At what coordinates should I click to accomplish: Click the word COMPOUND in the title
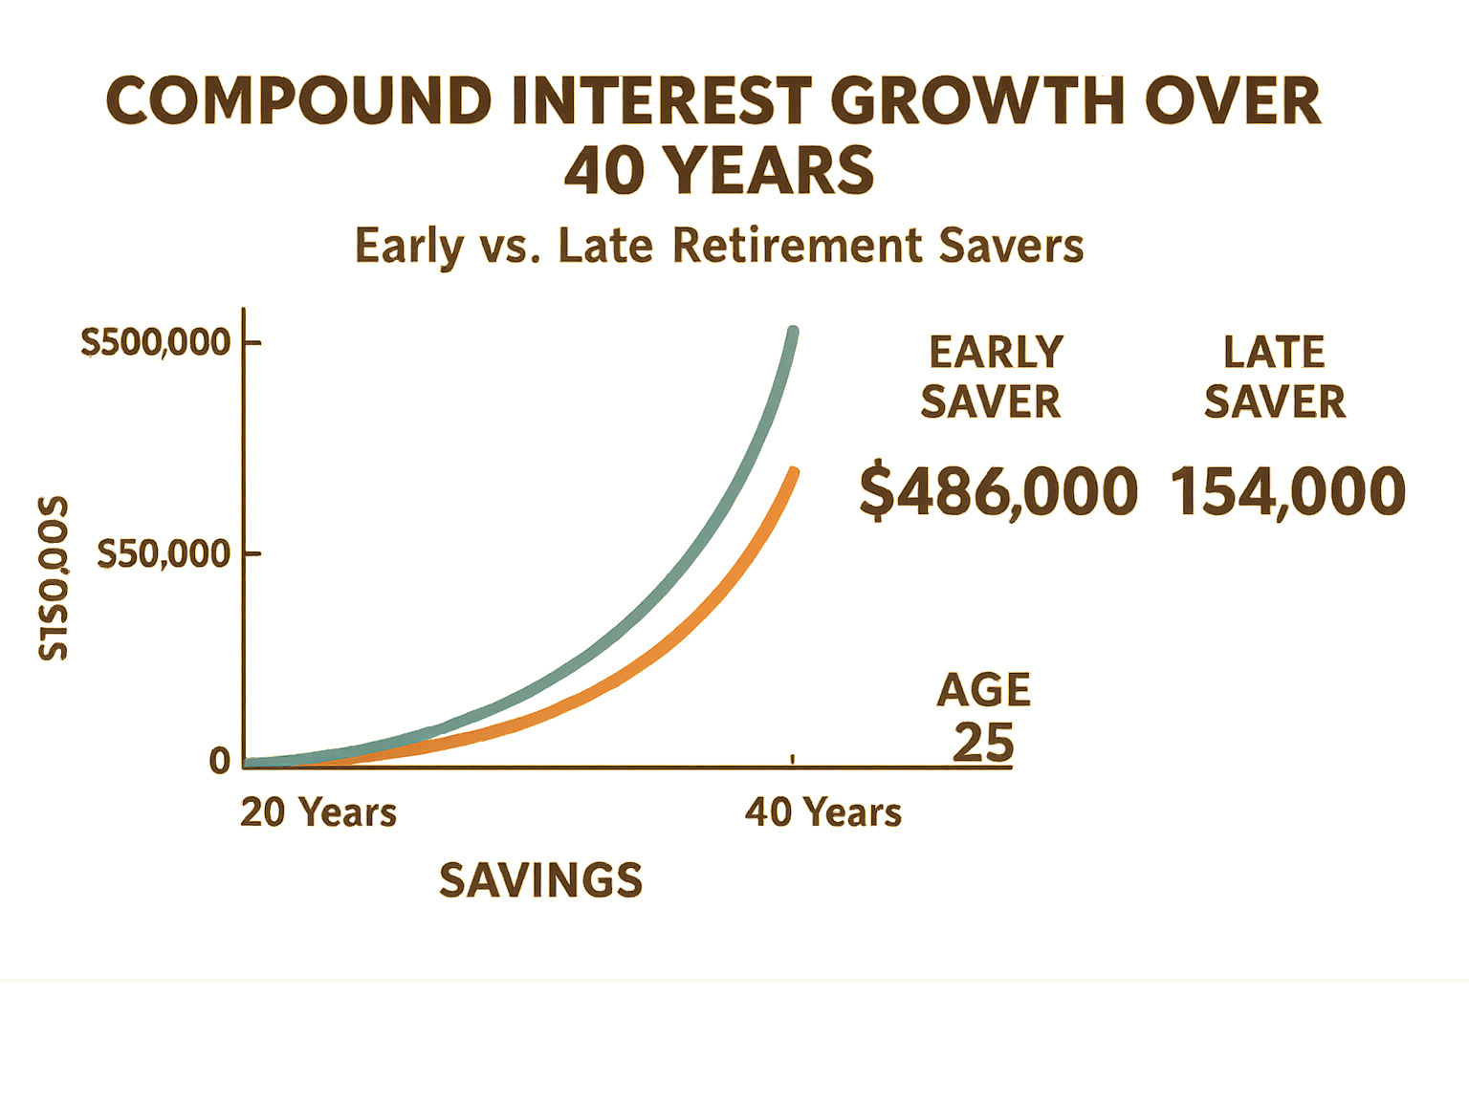298,101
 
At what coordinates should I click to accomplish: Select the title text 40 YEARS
719,171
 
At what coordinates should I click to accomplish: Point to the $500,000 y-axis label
156,342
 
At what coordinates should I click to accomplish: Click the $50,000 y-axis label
164,553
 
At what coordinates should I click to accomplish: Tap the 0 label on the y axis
220,761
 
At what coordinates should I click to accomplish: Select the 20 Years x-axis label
318,812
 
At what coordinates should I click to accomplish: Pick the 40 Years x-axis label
823,812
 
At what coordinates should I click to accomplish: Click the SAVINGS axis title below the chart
541,880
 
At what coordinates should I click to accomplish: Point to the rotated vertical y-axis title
54,578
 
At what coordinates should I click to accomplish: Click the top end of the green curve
793,333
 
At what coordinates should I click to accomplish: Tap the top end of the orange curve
793,471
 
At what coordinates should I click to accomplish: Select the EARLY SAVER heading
993,377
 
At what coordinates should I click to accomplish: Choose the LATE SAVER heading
1275,377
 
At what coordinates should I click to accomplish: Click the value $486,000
998,491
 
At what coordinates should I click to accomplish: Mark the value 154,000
1287,491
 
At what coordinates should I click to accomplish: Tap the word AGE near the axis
984,690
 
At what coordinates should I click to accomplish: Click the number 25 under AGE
983,743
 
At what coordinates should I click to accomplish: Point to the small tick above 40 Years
793,758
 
